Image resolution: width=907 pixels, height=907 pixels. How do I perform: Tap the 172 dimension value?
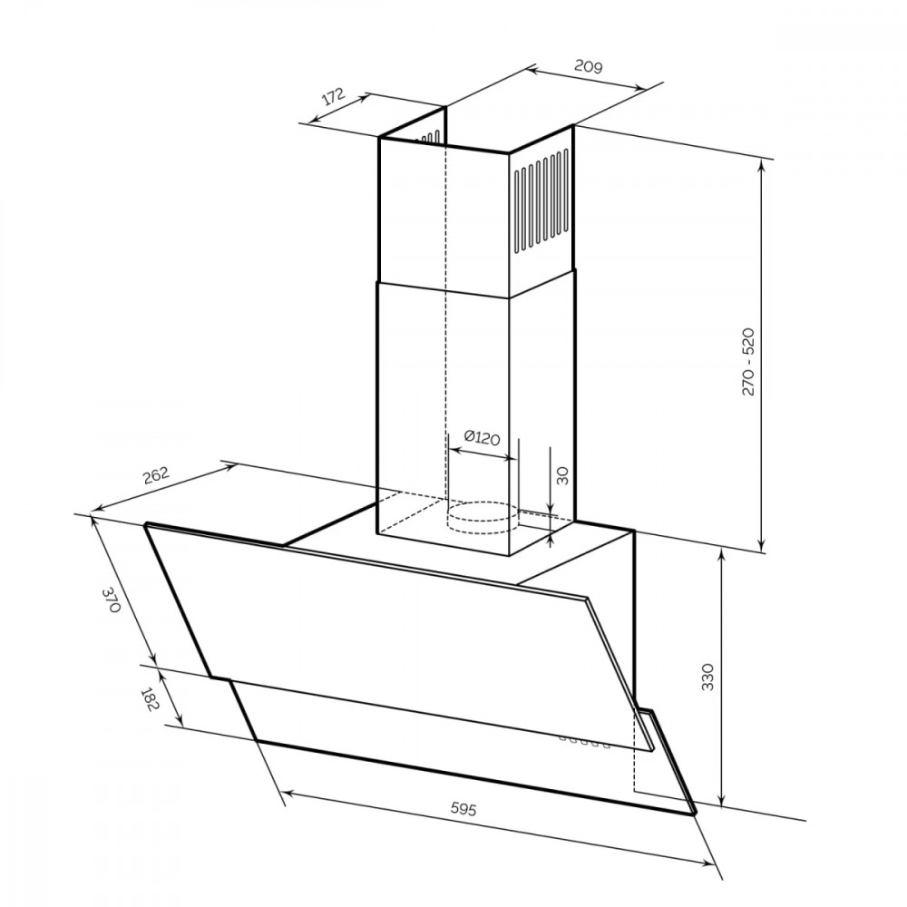click(334, 97)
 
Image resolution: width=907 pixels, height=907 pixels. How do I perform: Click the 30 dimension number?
click(562, 475)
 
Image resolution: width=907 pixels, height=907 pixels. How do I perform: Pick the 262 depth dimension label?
click(156, 475)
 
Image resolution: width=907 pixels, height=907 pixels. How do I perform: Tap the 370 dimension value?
click(112, 600)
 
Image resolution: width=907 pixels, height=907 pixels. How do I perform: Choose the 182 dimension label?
click(150, 699)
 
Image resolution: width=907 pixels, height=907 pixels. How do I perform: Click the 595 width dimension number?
click(463, 808)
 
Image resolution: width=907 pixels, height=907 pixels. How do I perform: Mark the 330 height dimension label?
click(708, 677)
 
